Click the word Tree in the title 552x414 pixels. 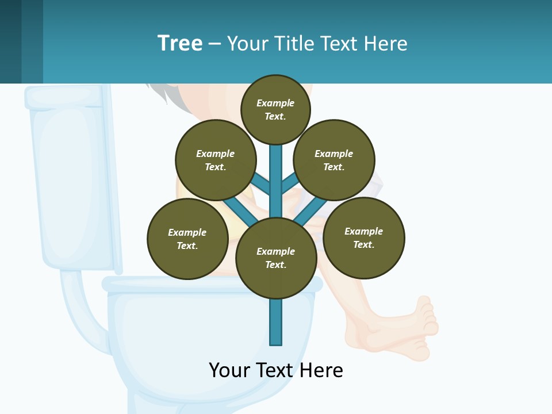point(180,44)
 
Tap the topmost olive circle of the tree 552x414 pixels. point(275,109)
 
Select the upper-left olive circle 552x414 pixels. point(216,160)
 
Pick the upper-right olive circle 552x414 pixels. point(334,160)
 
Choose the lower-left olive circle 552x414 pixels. point(187,239)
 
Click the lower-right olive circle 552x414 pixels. point(363,237)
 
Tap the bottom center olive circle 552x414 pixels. point(276,258)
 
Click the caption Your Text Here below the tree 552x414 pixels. point(276,370)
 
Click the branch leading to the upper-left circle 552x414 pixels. point(260,183)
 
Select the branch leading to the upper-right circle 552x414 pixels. point(290,183)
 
